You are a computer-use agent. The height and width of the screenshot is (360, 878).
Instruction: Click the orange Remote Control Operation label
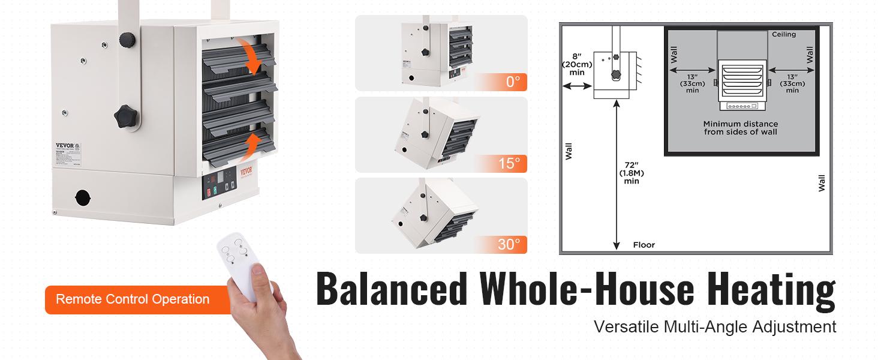(x=133, y=299)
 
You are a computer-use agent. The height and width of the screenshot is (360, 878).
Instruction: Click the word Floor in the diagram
(x=644, y=245)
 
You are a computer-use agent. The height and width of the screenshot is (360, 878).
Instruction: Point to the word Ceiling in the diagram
(x=784, y=34)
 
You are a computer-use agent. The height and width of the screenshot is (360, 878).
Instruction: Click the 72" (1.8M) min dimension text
(x=632, y=172)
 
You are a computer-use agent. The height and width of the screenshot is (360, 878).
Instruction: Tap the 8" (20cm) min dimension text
(x=576, y=64)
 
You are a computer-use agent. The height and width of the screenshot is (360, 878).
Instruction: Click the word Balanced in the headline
(x=391, y=290)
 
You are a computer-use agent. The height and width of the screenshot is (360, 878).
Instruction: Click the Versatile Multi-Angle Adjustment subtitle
(x=714, y=327)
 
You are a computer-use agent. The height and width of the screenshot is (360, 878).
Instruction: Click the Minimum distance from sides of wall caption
(x=740, y=128)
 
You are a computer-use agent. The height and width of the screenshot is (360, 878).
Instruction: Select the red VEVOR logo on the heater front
(x=247, y=170)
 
